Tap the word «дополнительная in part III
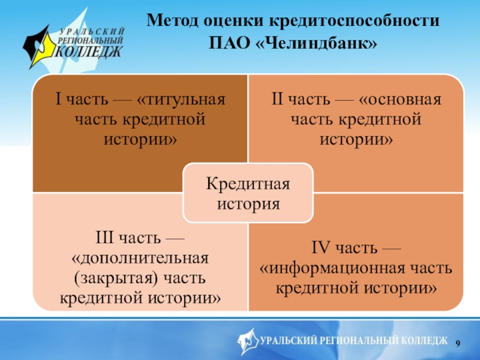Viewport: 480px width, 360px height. coord(140,258)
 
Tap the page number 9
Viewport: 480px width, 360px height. coord(459,342)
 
